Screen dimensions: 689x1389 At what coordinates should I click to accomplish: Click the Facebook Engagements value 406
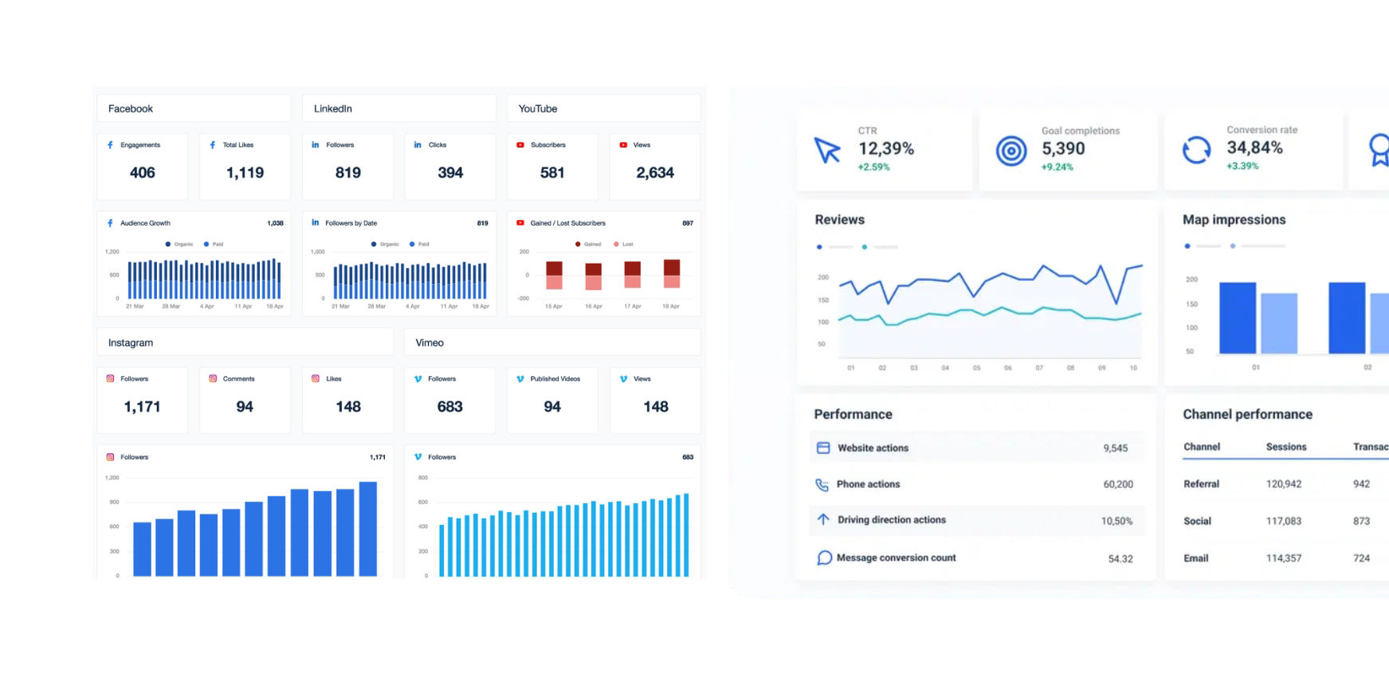pos(143,172)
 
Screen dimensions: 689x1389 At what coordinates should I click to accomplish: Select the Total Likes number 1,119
pos(245,172)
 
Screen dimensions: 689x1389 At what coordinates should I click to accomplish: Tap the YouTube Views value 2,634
pos(655,172)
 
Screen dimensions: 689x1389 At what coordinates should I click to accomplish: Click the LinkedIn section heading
pos(333,108)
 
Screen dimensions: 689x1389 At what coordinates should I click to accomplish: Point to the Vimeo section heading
pos(430,343)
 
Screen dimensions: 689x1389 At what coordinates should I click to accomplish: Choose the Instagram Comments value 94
pos(245,407)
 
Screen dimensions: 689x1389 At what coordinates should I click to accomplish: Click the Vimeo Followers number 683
pos(450,407)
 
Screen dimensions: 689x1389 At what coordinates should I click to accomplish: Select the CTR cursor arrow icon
pos(827,150)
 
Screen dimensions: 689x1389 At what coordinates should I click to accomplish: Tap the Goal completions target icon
pos(1011,150)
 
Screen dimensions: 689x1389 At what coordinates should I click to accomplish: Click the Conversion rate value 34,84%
pos(1254,148)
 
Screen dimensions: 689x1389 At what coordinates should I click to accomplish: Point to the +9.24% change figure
pos(1057,167)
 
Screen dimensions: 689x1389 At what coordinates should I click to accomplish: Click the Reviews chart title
pos(839,219)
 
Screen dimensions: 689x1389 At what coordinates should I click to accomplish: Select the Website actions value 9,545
pos(1115,448)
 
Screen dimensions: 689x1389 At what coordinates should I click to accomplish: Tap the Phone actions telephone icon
pos(822,485)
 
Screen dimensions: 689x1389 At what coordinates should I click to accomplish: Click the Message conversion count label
pos(896,558)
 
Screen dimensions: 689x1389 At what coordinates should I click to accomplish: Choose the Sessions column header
pos(1285,447)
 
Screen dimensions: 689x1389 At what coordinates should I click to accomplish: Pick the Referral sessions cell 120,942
pos(1283,484)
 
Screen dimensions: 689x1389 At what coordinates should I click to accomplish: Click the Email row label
pos(1195,558)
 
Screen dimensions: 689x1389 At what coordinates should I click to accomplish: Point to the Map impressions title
pos(1234,219)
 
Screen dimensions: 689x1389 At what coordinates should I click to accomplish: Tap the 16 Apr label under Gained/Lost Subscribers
pos(594,306)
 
